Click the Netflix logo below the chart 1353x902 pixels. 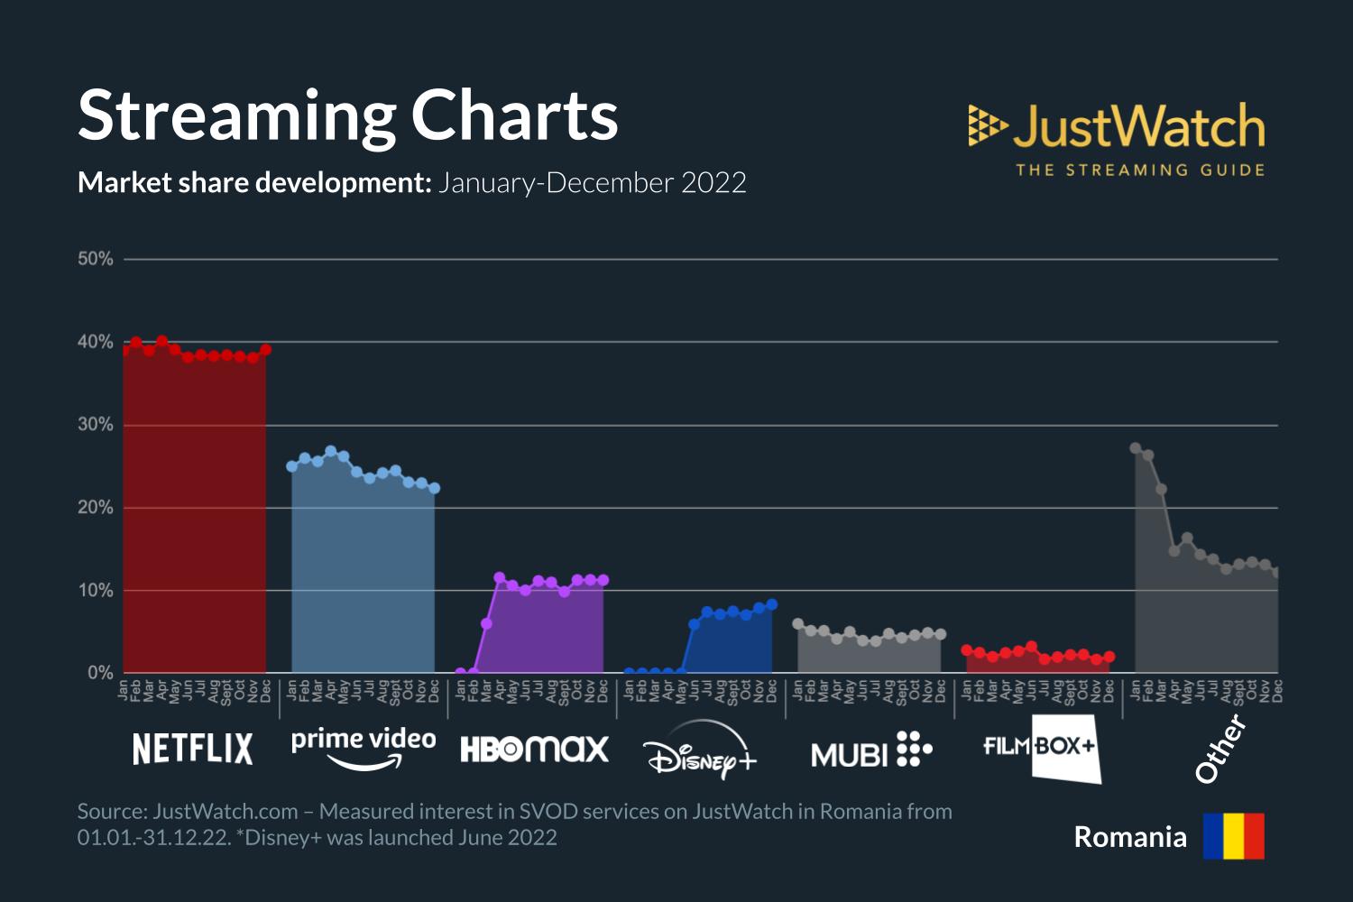point(192,749)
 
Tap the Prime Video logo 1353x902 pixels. point(364,749)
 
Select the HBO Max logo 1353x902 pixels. point(534,750)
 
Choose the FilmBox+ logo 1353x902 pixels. point(1042,749)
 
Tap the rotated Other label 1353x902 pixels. point(1220,748)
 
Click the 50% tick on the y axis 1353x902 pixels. point(96,259)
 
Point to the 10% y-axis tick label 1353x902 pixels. point(96,591)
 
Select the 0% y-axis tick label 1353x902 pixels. point(100,673)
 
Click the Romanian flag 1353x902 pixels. point(1233,836)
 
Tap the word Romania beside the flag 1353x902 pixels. point(1129,837)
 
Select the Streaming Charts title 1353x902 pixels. point(348,115)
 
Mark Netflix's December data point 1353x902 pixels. point(265,350)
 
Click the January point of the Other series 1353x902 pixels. point(1136,448)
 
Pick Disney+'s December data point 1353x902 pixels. point(771,604)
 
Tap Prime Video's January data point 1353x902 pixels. point(291,466)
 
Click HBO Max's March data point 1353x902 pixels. point(486,623)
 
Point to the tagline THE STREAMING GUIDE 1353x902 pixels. point(1140,170)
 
